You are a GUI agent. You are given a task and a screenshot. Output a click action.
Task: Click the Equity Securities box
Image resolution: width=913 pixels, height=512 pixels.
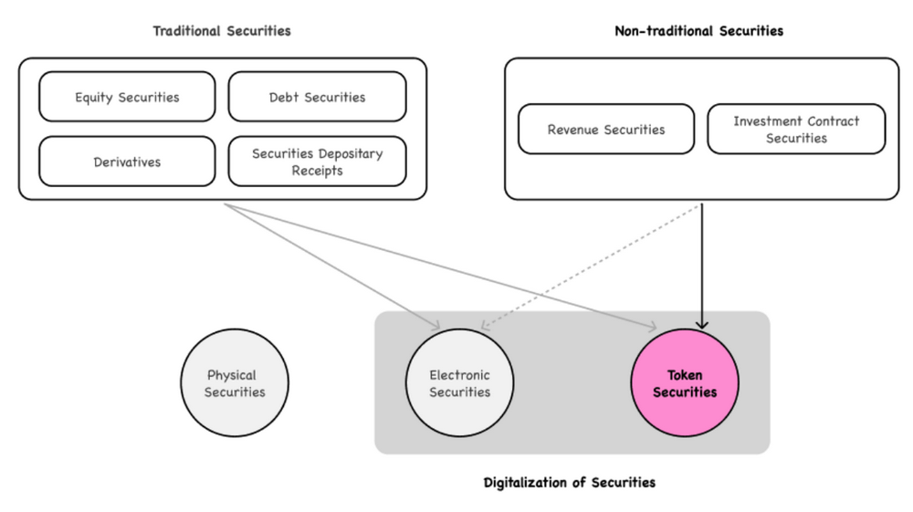coord(127,97)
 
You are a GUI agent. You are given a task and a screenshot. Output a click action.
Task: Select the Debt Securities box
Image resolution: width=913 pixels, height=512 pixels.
coord(317,97)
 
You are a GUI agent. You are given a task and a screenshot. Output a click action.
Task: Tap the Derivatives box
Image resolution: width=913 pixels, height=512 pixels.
coord(127,162)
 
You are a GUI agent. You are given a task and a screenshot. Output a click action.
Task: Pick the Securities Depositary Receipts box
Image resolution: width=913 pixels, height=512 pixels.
coord(317,162)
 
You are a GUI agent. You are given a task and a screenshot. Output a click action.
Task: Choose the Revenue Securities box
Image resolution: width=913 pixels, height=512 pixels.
coord(606,130)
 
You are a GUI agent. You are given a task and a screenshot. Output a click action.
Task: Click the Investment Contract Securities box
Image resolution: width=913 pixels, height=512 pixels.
coord(796,130)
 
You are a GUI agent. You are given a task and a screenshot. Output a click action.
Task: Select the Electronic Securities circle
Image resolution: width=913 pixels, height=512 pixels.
coord(460,383)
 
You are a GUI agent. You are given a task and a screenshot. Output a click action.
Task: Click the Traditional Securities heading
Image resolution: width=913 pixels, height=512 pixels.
coord(222,31)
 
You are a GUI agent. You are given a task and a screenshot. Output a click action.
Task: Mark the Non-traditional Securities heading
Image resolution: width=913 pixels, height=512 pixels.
coord(698,31)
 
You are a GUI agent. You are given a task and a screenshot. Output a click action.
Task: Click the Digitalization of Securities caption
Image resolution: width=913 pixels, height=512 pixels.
coord(569,482)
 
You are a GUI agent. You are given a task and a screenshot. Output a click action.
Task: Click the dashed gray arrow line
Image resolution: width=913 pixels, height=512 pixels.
coord(593,265)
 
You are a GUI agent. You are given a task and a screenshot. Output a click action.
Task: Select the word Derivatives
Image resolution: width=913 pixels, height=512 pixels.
coord(127,162)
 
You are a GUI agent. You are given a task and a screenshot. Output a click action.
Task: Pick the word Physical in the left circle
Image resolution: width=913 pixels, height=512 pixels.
coord(232,375)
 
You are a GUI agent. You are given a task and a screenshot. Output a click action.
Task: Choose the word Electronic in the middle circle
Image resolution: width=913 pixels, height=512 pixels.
coord(460,375)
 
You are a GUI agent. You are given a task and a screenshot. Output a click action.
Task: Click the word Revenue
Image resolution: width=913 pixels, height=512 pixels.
coord(575,130)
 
